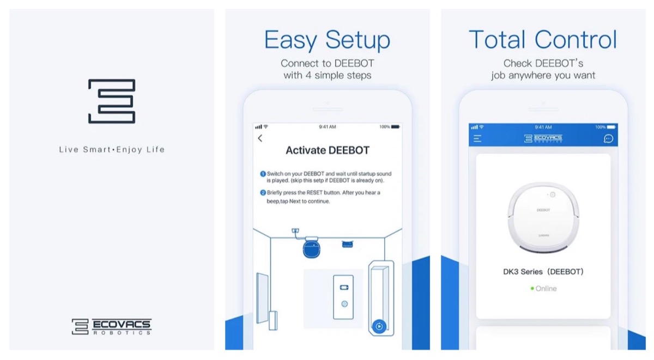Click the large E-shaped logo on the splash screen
112,101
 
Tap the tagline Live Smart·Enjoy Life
112,150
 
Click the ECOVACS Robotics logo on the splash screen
112,326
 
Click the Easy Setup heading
328,40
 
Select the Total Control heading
543,39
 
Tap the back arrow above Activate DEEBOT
260,138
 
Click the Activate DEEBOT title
328,150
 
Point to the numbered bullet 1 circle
263,174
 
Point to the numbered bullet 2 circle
263,193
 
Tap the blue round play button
379,326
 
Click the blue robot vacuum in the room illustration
312,248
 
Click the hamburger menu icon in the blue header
477,138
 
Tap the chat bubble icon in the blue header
608,138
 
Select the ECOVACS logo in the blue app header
543,138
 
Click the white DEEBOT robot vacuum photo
543,217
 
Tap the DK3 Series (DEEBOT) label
543,272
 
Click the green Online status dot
532,289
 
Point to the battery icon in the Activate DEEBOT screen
395,126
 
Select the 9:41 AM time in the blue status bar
543,127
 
